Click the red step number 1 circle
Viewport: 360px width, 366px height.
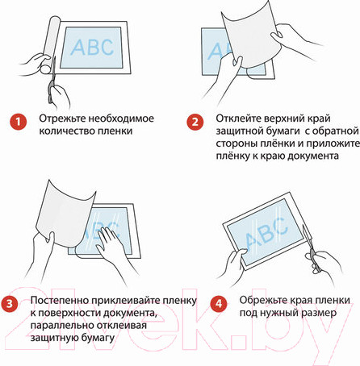(16, 122)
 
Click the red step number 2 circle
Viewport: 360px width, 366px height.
(195, 123)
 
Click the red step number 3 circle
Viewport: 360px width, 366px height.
(11, 304)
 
